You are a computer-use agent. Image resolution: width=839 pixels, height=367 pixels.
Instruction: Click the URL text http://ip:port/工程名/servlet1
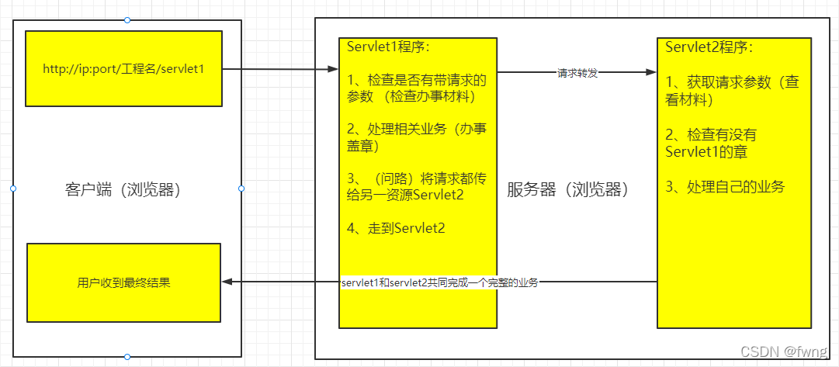(123, 69)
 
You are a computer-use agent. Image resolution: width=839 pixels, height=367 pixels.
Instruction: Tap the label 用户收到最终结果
(123, 283)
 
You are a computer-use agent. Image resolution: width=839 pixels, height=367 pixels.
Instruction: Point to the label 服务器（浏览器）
(567, 189)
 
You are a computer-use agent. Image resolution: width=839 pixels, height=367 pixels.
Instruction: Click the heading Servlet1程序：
(388, 47)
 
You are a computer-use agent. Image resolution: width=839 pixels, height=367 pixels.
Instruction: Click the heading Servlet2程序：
(709, 47)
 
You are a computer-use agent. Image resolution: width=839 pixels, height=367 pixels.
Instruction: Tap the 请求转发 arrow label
(577, 73)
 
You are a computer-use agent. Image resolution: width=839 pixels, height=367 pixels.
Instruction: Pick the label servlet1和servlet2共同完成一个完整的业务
(440, 283)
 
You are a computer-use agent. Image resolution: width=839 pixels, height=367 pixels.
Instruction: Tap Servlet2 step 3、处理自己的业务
(725, 187)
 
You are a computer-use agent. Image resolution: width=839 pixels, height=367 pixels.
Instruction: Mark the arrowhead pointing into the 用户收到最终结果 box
(227, 282)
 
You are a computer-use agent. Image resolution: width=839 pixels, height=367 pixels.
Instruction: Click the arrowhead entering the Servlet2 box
(652, 73)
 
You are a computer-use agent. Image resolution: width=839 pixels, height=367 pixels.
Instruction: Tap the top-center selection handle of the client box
(127, 19)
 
